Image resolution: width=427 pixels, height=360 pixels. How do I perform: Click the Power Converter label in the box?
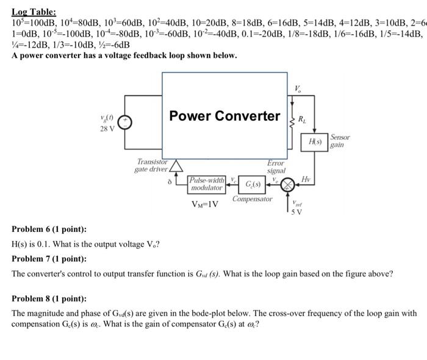click(x=224, y=116)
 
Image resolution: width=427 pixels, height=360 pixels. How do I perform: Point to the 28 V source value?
click(x=107, y=129)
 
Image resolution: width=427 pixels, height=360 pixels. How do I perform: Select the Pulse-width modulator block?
click(x=206, y=184)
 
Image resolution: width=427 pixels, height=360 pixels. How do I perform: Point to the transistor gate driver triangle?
click(x=176, y=166)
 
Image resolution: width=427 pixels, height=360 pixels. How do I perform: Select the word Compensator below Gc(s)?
click(x=252, y=200)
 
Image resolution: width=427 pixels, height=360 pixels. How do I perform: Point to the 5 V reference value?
click(x=298, y=211)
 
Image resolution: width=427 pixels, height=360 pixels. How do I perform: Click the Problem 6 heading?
click(x=49, y=229)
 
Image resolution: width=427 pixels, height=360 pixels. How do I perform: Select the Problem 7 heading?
click(x=49, y=259)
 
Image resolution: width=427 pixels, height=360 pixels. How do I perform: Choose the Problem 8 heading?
click(x=49, y=299)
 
